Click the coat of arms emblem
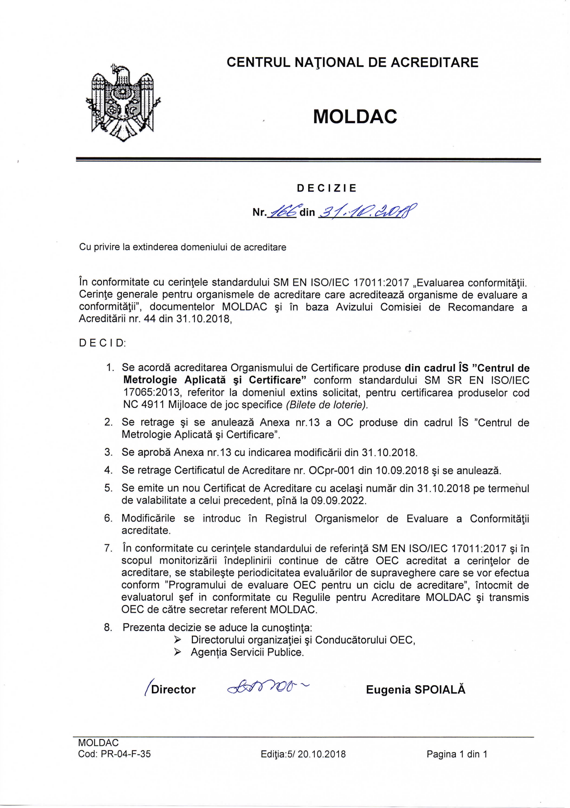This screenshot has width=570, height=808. (x=123, y=102)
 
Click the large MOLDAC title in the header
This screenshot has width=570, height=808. (x=355, y=117)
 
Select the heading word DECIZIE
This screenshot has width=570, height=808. (x=327, y=188)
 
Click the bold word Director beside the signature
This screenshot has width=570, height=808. (x=173, y=689)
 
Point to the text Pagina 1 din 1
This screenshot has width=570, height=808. (x=457, y=754)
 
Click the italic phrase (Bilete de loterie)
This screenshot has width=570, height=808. (x=327, y=405)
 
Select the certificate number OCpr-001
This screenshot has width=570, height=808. (x=331, y=470)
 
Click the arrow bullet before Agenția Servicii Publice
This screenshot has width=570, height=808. (x=177, y=652)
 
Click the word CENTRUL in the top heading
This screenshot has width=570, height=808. (x=258, y=63)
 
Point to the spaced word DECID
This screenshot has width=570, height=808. (x=102, y=343)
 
